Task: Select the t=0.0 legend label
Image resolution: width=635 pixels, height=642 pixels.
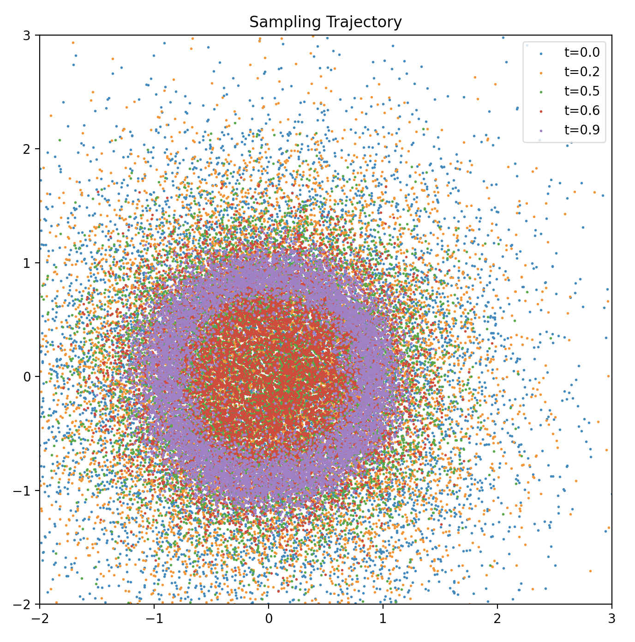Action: coord(582,53)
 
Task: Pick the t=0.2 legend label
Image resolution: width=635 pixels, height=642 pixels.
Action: coord(582,72)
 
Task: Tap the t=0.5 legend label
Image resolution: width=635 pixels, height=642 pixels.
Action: coord(582,91)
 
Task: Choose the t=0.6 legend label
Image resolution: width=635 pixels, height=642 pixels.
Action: coord(582,111)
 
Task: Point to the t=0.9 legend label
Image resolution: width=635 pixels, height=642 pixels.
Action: coord(582,130)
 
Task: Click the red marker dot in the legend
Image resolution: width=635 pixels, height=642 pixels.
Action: coord(540,111)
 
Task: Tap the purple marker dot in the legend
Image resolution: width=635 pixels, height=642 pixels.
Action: coord(540,130)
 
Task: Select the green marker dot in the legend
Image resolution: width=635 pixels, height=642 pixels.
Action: coord(540,91)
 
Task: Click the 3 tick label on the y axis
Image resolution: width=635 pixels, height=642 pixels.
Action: coord(27,36)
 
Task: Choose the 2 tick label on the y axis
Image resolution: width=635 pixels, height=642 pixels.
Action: coord(27,149)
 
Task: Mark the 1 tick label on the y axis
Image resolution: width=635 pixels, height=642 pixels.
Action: coord(27,263)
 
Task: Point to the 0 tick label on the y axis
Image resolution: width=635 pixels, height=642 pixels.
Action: coord(27,377)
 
